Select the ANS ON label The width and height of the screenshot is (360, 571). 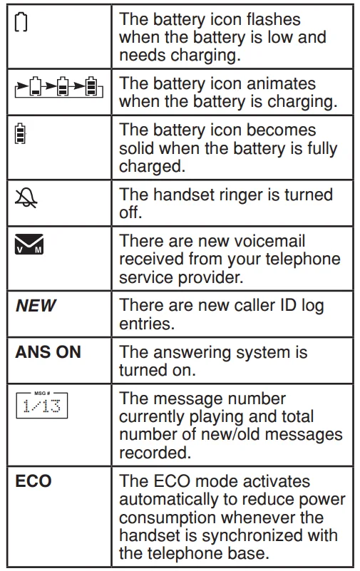tap(48, 352)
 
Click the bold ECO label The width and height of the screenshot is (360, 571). tap(34, 481)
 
